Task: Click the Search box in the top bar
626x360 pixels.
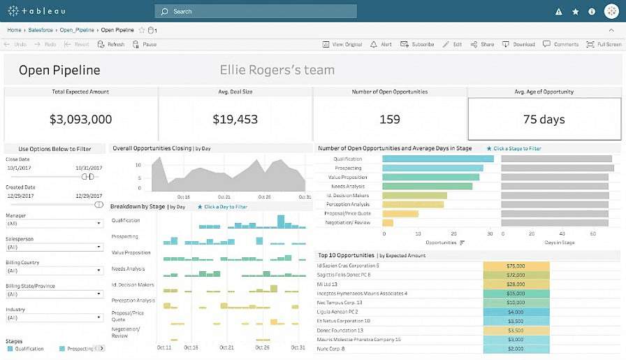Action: pos(256,11)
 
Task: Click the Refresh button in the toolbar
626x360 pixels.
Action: pos(111,44)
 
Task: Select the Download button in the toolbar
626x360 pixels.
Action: pos(519,44)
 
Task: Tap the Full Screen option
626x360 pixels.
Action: pos(604,44)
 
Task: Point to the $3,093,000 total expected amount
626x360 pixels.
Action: pos(81,120)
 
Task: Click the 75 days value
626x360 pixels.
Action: pos(544,120)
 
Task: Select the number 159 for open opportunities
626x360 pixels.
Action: pos(389,120)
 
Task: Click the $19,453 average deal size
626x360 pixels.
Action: pos(235,120)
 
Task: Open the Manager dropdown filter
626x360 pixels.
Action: pos(54,224)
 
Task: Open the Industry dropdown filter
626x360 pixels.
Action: pos(54,318)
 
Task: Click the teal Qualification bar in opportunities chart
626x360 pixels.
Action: pos(438,159)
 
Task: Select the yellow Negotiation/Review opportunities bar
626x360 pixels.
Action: pos(388,222)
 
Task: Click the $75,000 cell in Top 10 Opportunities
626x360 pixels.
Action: pos(516,266)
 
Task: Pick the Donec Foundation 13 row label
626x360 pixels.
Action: pos(340,330)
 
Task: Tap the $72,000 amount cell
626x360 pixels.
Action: pos(516,275)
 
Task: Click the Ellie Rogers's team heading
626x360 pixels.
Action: pos(277,70)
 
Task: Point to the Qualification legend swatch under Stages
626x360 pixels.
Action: pos(10,348)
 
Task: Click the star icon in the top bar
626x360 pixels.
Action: pos(575,11)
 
